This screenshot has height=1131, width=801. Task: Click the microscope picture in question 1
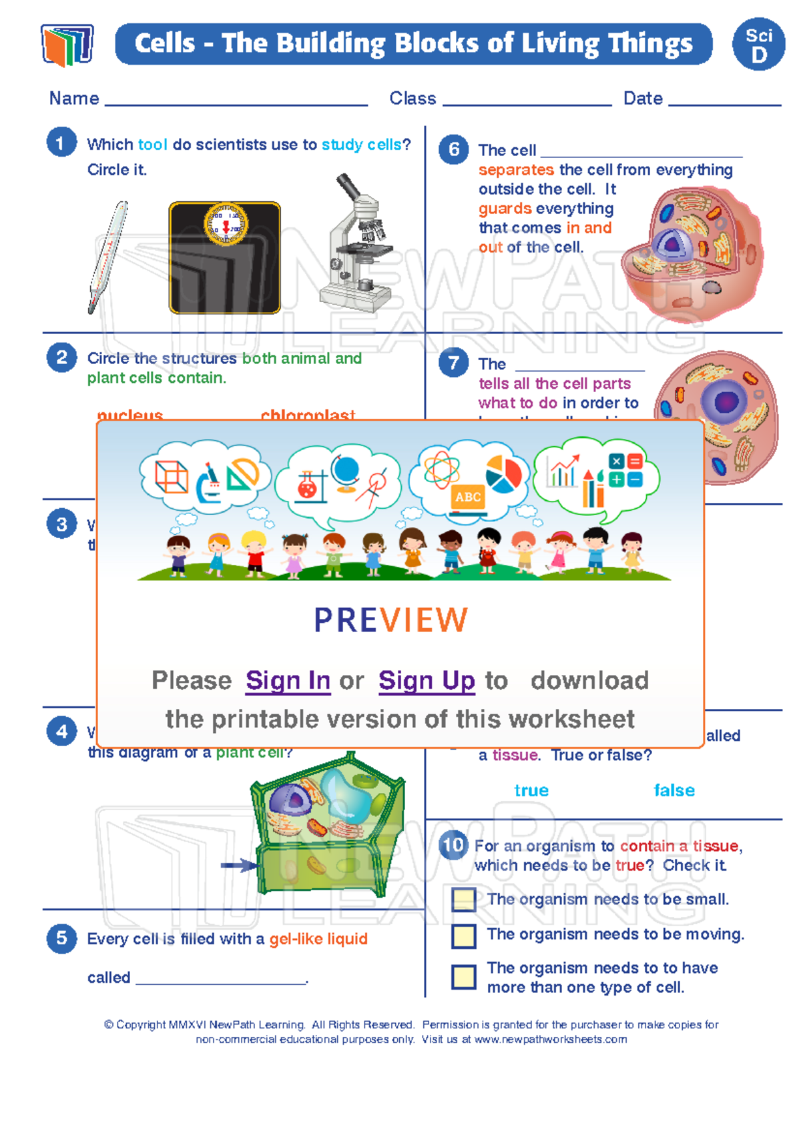(x=356, y=245)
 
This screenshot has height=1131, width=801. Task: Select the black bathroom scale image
(x=224, y=258)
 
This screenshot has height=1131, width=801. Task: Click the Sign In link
(x=288, y=680)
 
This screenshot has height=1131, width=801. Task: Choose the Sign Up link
(x=427, y=680)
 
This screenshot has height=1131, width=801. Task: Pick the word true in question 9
(x=531, y=790)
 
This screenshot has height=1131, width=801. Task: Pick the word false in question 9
(x=674, y=790)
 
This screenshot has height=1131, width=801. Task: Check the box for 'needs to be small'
(x=464, y=900)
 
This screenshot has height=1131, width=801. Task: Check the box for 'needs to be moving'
(x=464, y=936)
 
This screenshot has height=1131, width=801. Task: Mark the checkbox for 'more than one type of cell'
(x=464, y=977)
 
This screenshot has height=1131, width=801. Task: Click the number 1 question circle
(x=61, y=143)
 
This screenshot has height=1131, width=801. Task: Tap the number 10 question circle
(x=453, y=846)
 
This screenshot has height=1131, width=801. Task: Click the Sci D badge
(x=758, y=45)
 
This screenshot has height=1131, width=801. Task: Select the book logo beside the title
(x=67, y=45)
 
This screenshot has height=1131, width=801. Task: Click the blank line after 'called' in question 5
(x=220, y=979)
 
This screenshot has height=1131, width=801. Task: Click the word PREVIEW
(x=391, y=620)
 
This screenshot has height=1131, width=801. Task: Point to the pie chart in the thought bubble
(x=503, y=474)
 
